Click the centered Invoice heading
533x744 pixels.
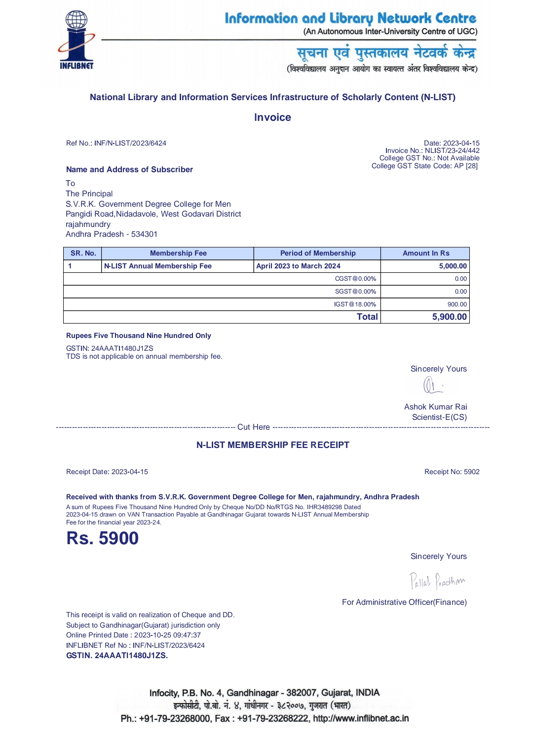point(272,117)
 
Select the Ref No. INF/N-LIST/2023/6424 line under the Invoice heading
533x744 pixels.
point(116,143)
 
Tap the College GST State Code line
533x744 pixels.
point(424,166)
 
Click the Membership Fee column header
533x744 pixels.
point(178,253)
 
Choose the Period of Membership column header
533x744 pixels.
point(318,253)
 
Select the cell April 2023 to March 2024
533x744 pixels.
point(299,266)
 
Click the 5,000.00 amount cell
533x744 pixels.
point(453,266)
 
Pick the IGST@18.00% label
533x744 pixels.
point(355,304)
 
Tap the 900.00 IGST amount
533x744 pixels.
point(457,304)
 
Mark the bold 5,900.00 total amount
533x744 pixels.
point(449,317)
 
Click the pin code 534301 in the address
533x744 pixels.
point(144,234)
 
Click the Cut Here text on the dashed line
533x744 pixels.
point(254,427)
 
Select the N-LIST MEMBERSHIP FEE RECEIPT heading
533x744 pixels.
point(272,445)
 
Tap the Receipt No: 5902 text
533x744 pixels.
point(452,472)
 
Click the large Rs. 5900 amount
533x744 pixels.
point(103,538)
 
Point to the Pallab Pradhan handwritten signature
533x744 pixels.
point(437,581)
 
